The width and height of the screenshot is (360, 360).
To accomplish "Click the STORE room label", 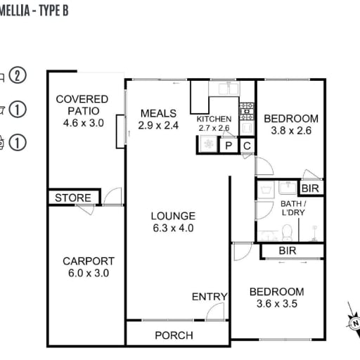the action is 73,198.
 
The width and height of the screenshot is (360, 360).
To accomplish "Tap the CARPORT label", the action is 89,261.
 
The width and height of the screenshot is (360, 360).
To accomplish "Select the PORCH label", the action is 174,335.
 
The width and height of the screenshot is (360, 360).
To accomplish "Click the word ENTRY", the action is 210,297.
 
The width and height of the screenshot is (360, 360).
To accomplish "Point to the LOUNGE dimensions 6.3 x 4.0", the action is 173,228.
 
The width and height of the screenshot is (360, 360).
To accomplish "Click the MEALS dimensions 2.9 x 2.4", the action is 158,126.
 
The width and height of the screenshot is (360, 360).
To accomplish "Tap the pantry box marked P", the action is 229,146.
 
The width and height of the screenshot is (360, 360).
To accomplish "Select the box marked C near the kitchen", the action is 247,146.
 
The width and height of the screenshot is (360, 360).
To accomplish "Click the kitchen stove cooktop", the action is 246,111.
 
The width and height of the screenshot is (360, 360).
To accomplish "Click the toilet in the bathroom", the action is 287,233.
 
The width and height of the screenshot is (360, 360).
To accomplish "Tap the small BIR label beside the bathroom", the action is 310,188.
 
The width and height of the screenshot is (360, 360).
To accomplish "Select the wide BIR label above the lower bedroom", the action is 288,251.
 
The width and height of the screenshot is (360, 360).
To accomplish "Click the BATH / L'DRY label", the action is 293,208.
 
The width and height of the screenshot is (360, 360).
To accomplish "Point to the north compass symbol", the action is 354,323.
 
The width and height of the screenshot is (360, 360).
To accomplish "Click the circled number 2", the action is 18,75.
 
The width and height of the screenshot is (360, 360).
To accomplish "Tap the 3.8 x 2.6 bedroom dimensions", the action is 291,131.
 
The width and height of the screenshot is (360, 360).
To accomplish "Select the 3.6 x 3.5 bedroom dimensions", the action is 277,304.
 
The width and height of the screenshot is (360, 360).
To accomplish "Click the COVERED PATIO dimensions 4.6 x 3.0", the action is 84,123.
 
